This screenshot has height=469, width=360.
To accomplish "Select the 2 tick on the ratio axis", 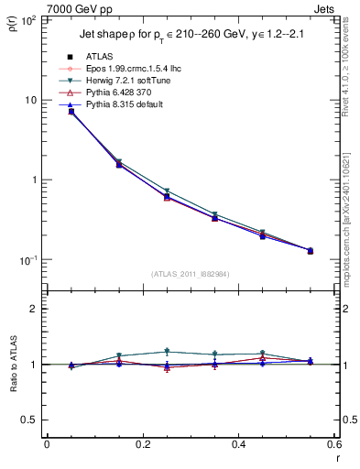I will (x=35, y=310).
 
